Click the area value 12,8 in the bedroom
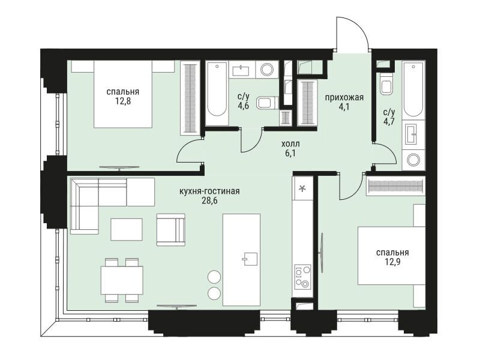123,101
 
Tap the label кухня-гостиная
209,191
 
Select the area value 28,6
209,201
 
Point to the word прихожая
344,98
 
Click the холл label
291,143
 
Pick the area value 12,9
392,262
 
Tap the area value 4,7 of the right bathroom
389,122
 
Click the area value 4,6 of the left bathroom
244,106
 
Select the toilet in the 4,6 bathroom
268,103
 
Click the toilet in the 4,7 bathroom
386,84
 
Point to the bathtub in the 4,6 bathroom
217,93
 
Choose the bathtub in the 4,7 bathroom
413,89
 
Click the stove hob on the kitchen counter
302,277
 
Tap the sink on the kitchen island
250,260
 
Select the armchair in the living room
171,230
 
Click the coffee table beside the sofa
127,230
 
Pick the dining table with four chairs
122,280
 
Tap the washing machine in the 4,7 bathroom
413,160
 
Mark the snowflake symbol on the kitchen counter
302,189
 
